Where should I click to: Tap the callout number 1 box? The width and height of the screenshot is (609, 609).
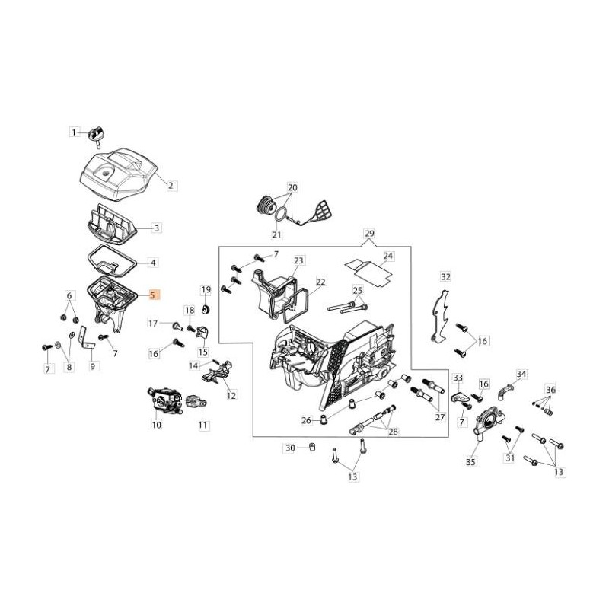point(75,132)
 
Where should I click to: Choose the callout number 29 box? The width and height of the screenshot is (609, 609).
point(369,232)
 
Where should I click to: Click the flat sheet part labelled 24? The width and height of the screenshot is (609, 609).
point(369,269)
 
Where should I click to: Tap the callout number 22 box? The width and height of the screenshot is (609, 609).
point(320,282)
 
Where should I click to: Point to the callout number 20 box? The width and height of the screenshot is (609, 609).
point(292,187)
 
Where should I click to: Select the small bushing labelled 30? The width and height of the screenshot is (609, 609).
point(312,447)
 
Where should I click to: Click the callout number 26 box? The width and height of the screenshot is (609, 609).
point(305,419)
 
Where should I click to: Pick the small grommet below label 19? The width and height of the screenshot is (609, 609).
point(206,309)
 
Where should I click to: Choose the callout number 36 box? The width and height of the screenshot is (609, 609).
point(550,390)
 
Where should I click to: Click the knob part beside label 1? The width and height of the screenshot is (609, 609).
point(97,134)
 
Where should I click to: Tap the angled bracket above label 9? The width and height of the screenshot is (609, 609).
point(84,333)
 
